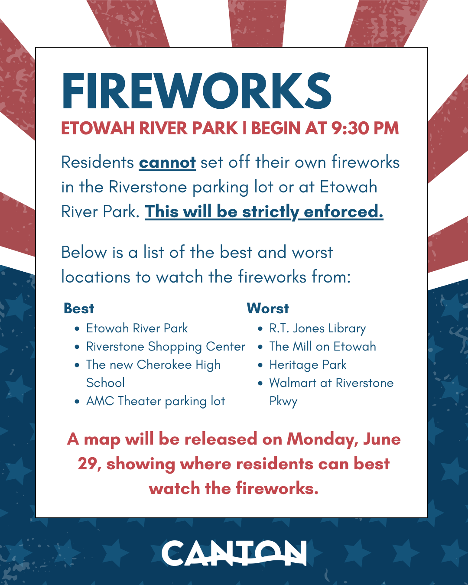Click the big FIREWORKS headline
pyautogui.click(x=197, y=91)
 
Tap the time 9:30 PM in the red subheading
pyautogui.click(x=365, y=128)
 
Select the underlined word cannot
pyautogui.click(x=167, y=162)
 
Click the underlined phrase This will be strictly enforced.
pyautogui.click(x=264, y=211)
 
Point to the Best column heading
pyautogui.click(x=79, y=308)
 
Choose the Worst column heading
pyautogui.click(x=268, y=308)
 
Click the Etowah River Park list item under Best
pyautogui.click(x=137, y=328)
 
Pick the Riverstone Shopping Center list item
pyautogui.click(x=166, y=347)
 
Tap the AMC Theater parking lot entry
pyautogui.click(x=156, y=401)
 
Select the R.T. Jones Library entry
pyautogui.click(x=317, y=328)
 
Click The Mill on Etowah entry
pyautogui.click(x=322, y=347)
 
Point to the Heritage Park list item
pyautogui.click(x=308, y=365)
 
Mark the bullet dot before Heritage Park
pyautogui.click(x=260, y=365)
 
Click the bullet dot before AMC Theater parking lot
pyautogui.click(x=77, y=402)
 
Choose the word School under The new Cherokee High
pyautogui.click(x=105, y=383)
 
